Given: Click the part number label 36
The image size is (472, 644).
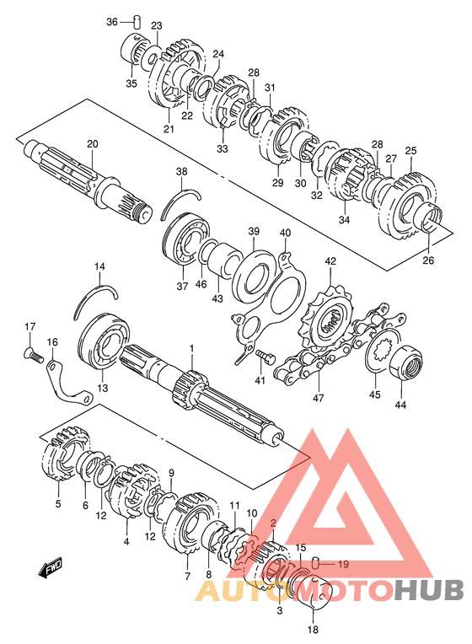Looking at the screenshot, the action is click(112, 21).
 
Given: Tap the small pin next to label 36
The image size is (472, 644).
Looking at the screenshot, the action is click(137, 21).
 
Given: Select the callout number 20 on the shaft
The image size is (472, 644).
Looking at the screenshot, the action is click(93, 144).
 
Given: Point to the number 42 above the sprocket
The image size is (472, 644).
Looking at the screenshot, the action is click(330, 261).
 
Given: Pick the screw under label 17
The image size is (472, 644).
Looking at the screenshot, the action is click(34, 354).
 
